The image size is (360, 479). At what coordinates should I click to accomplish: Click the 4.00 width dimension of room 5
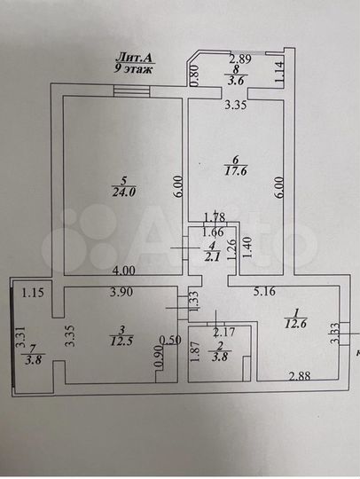pos(123,270)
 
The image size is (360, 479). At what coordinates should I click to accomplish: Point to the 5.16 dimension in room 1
pos(264,290)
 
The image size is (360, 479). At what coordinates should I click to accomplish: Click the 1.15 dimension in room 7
pos(34,291)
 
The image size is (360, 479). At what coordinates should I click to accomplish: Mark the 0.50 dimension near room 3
pos(168,339)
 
